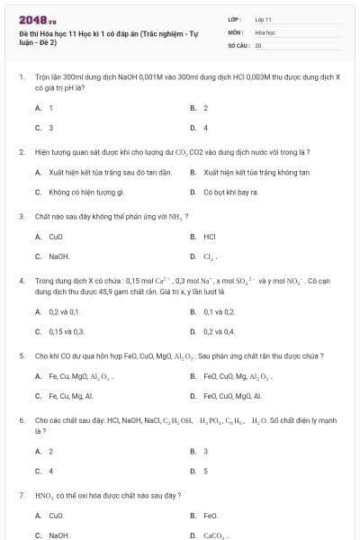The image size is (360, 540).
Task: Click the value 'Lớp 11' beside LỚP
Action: [263, 18]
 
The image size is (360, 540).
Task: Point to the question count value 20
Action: [258, 44]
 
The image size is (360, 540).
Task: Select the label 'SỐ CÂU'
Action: [238, 44]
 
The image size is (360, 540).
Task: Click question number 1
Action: [21, 77]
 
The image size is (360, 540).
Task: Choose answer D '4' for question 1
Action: [205, 128]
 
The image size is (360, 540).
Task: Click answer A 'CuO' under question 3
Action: [55, 237]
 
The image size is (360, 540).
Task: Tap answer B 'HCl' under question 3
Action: [209, 237]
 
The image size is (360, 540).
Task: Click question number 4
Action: [21, 281]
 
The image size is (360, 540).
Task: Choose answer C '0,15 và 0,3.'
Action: [66, 331]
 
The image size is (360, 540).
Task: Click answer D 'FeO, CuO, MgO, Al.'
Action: [232, 395]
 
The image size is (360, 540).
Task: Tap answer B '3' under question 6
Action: [205, 451]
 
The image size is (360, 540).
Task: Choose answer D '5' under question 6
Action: [205, 471]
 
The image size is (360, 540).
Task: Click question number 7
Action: [21, 495]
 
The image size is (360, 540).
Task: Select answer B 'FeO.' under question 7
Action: [211, 516]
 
